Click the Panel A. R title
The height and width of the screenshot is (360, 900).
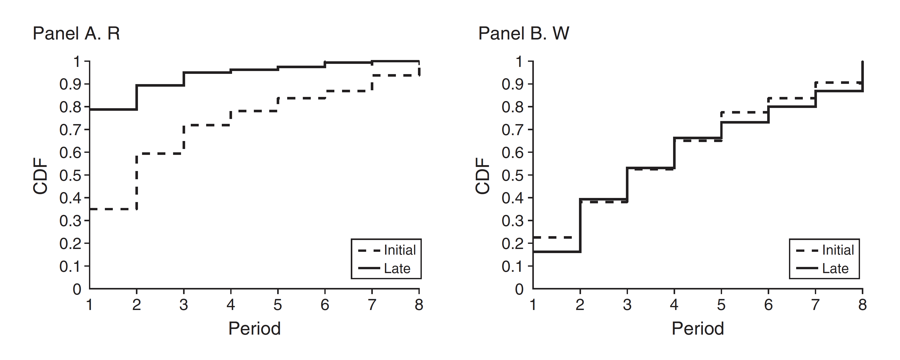[x=76, y=34]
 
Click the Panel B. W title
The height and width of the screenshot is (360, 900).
[x=523, y=34]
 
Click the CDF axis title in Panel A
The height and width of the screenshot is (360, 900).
[x=41, y=176]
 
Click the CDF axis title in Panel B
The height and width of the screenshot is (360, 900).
[x=483, y=176]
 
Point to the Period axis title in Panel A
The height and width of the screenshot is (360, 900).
[x=254, y=328]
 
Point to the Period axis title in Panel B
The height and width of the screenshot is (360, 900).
[x=698, y=328]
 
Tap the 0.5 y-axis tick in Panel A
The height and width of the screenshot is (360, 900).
[x=70, y=175]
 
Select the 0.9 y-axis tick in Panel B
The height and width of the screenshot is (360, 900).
[x=513, y=84]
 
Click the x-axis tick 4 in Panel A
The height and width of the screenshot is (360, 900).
[x=231, y=305]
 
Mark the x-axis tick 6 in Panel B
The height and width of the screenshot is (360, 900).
[x=768, y=305]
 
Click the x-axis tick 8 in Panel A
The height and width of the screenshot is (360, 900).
[x=419, y=305]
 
